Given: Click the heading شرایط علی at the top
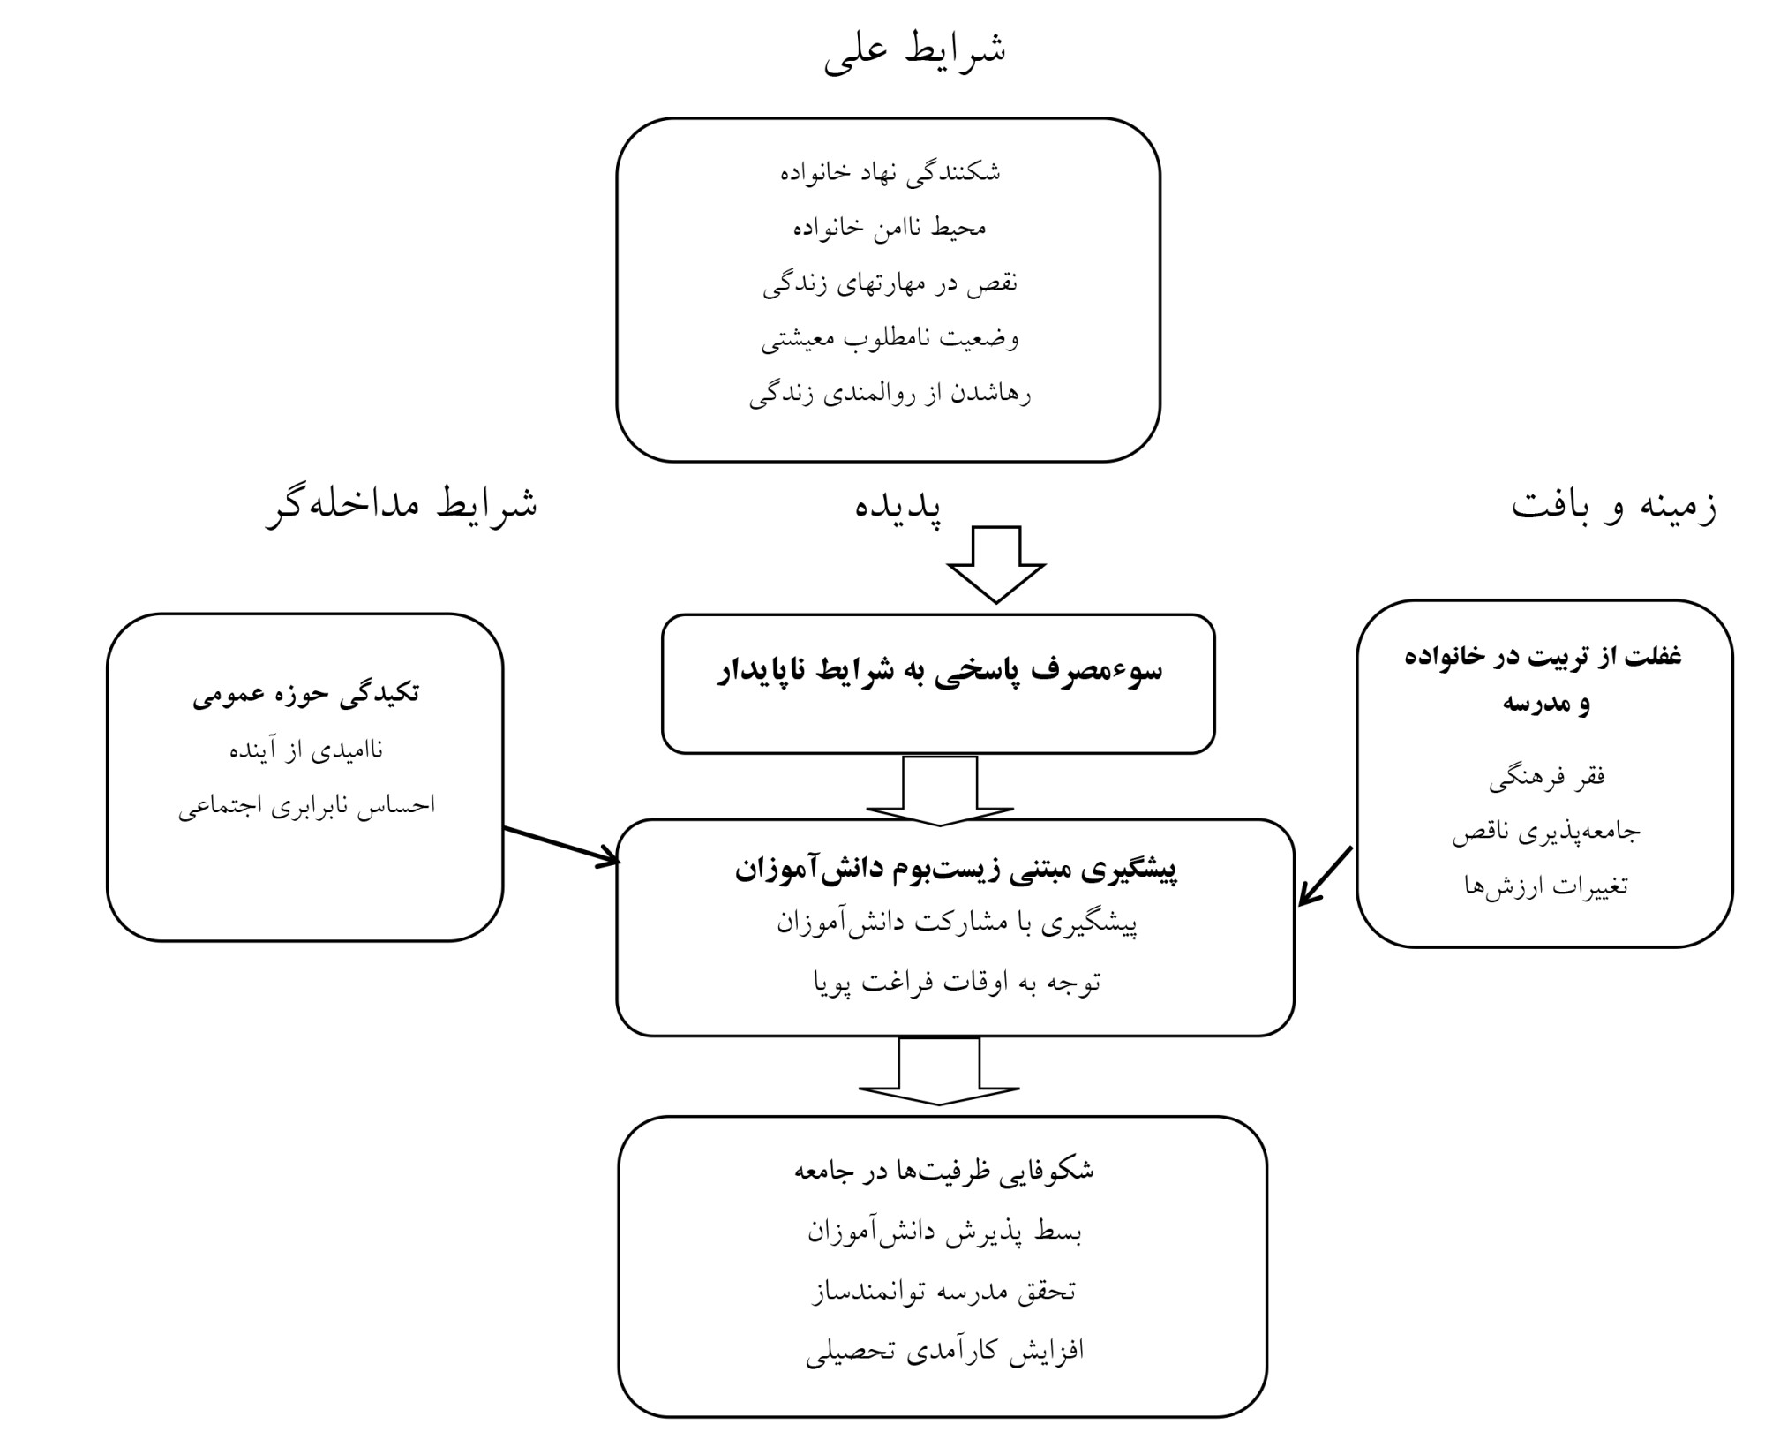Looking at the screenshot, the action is pos(915,52).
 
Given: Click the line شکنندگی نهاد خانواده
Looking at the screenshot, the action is pos(890,172).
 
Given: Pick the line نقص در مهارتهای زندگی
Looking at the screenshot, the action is pos(890,283).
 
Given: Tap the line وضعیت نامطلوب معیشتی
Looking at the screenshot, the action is pos(890,339).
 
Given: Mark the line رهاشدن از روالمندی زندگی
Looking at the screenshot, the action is pos(890,395).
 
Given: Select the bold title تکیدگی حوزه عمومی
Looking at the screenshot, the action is pos(305,695).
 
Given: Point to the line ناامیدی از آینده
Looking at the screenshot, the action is pos(306,750).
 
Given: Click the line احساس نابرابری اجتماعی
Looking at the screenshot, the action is pos(306,806).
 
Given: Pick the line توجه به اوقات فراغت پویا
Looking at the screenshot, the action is pos(957,982).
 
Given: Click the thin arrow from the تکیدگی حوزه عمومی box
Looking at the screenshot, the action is pos(561,845).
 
